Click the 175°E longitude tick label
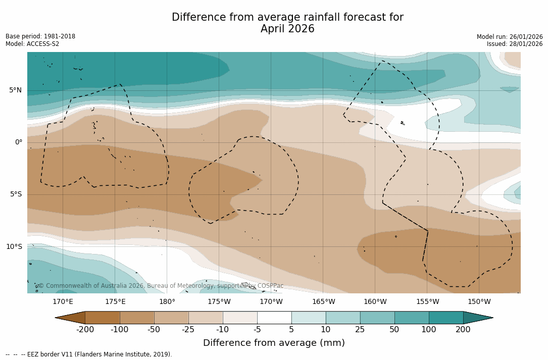(x=115, y=302)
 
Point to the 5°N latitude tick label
(x=15, y=90)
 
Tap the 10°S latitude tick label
(x=14, y=246)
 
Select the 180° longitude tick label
(x=167, y=302)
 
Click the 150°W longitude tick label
(x=479, y=302)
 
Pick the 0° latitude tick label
(x=19, y=142)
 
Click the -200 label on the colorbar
(x=85, y=330)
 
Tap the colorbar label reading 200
(x=463, y=330)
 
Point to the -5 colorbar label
(x=257, y=330)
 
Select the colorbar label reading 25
(x=360, y=330)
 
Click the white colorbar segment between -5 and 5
(x=274, y=318)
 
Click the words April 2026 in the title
(x=287, y=29)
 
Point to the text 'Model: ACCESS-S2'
(x=32, y=44)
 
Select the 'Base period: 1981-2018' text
(x=40, y=36)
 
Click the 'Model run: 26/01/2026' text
(x=510, y=37)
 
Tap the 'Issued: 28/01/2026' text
(x=515, y=44)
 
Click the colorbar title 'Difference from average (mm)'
(x=274, y=343)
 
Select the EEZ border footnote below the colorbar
(x=89, y=354)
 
